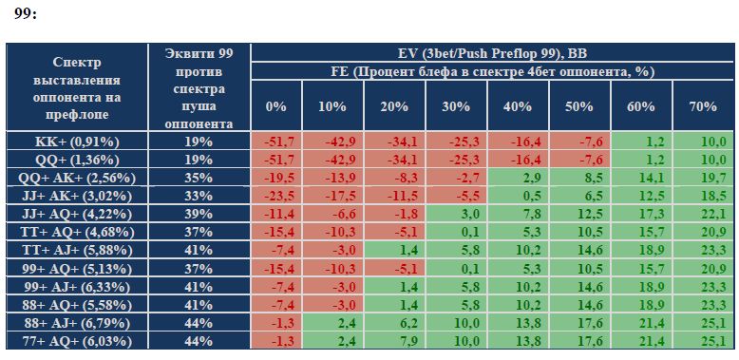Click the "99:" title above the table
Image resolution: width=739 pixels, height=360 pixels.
26,14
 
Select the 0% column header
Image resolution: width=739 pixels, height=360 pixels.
275,106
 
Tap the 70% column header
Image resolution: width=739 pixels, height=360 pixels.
703,106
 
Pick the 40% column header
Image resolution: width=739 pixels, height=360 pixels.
518,106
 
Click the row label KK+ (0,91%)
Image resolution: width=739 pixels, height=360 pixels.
77,142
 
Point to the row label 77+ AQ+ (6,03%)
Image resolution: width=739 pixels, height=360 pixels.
77,341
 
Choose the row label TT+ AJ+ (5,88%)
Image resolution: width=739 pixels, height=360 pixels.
77,250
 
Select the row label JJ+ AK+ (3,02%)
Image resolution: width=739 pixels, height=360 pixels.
77,196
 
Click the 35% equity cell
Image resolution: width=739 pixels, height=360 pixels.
199,178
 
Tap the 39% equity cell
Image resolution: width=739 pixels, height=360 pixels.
199,214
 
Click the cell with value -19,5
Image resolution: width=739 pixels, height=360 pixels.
275,178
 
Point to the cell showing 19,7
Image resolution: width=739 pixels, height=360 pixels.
703,178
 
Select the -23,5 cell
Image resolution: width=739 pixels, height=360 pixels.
275,196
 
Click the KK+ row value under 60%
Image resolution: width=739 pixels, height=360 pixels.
641,142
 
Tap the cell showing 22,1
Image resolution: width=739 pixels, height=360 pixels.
703,214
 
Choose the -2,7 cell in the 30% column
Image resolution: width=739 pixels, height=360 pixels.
456,178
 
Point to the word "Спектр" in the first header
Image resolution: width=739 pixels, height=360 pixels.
77,63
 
